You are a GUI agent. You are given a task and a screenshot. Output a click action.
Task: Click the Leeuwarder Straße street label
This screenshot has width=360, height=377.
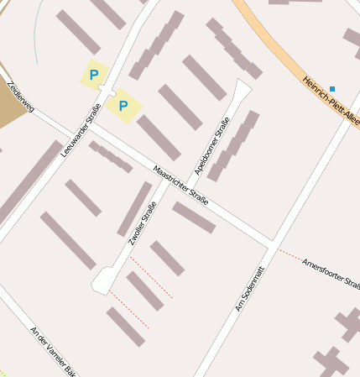click(81, 130)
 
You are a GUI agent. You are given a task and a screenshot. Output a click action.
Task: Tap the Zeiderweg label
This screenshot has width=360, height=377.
click(18, 97)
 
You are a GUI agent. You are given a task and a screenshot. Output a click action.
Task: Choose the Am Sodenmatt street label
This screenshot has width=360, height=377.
click(250, 291)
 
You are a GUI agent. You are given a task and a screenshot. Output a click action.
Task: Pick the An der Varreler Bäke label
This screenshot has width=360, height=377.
click(57, 352)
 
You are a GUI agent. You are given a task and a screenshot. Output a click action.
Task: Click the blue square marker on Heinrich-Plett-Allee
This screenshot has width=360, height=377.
click(332, 88)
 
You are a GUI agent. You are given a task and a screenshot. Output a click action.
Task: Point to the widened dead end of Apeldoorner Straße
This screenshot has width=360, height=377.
click(242, 87)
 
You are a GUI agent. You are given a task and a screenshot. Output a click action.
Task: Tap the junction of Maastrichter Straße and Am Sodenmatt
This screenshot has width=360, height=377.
click(273, 244)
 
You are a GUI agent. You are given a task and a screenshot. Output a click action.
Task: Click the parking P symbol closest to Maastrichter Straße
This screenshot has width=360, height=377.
click(123, 106)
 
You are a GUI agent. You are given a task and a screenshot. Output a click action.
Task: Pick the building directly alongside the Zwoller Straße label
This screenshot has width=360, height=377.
click(134, 208)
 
